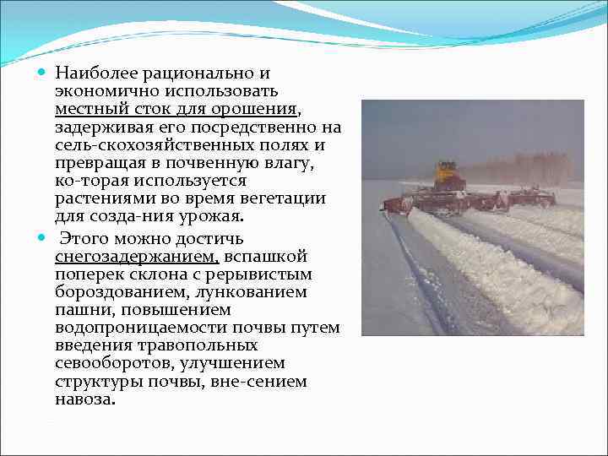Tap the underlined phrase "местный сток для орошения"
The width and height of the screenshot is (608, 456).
[176, 110]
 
